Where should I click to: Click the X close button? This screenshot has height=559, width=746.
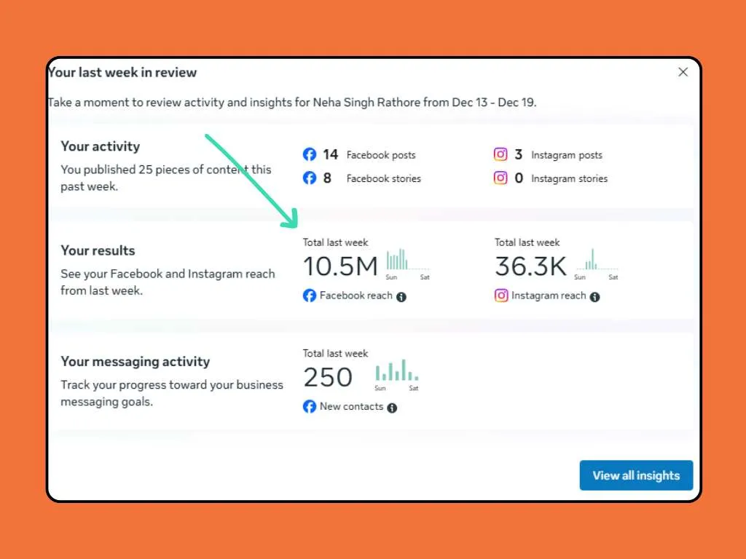click(x=683, y=72)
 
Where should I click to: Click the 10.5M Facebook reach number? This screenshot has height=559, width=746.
click(x=340, y=267)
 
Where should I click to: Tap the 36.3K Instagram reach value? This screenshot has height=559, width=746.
click(x=530, y=267)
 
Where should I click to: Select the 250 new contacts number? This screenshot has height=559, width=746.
click(x=328, y=378)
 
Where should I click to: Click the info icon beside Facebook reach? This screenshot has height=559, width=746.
click(x=401, y=297)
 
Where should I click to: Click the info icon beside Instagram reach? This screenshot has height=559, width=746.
click(x=594, y=297)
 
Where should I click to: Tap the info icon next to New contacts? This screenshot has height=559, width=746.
click(x=392, y=408)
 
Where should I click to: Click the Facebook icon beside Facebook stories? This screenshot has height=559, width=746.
click(x=310, y=178)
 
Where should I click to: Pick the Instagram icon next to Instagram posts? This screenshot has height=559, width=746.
click(x=500, y=154)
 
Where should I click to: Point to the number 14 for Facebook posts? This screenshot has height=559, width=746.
click(x=330, y=154)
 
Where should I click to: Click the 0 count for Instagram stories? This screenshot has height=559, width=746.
click(x=519, y=178)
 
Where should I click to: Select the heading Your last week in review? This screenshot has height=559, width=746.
click(x=122, y=72)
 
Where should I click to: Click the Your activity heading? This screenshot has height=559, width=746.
click(x=100, y=146)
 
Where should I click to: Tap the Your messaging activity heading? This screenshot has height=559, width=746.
click(x=135, y=362)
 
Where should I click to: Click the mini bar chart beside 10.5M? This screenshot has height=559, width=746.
click(x=398, y=261)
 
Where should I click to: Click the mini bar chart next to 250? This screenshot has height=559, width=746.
click(x=396, y=372)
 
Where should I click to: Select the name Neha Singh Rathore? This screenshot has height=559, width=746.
click(x=367, y=103)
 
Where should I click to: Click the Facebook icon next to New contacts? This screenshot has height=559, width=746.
click(x=310, y=407)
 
